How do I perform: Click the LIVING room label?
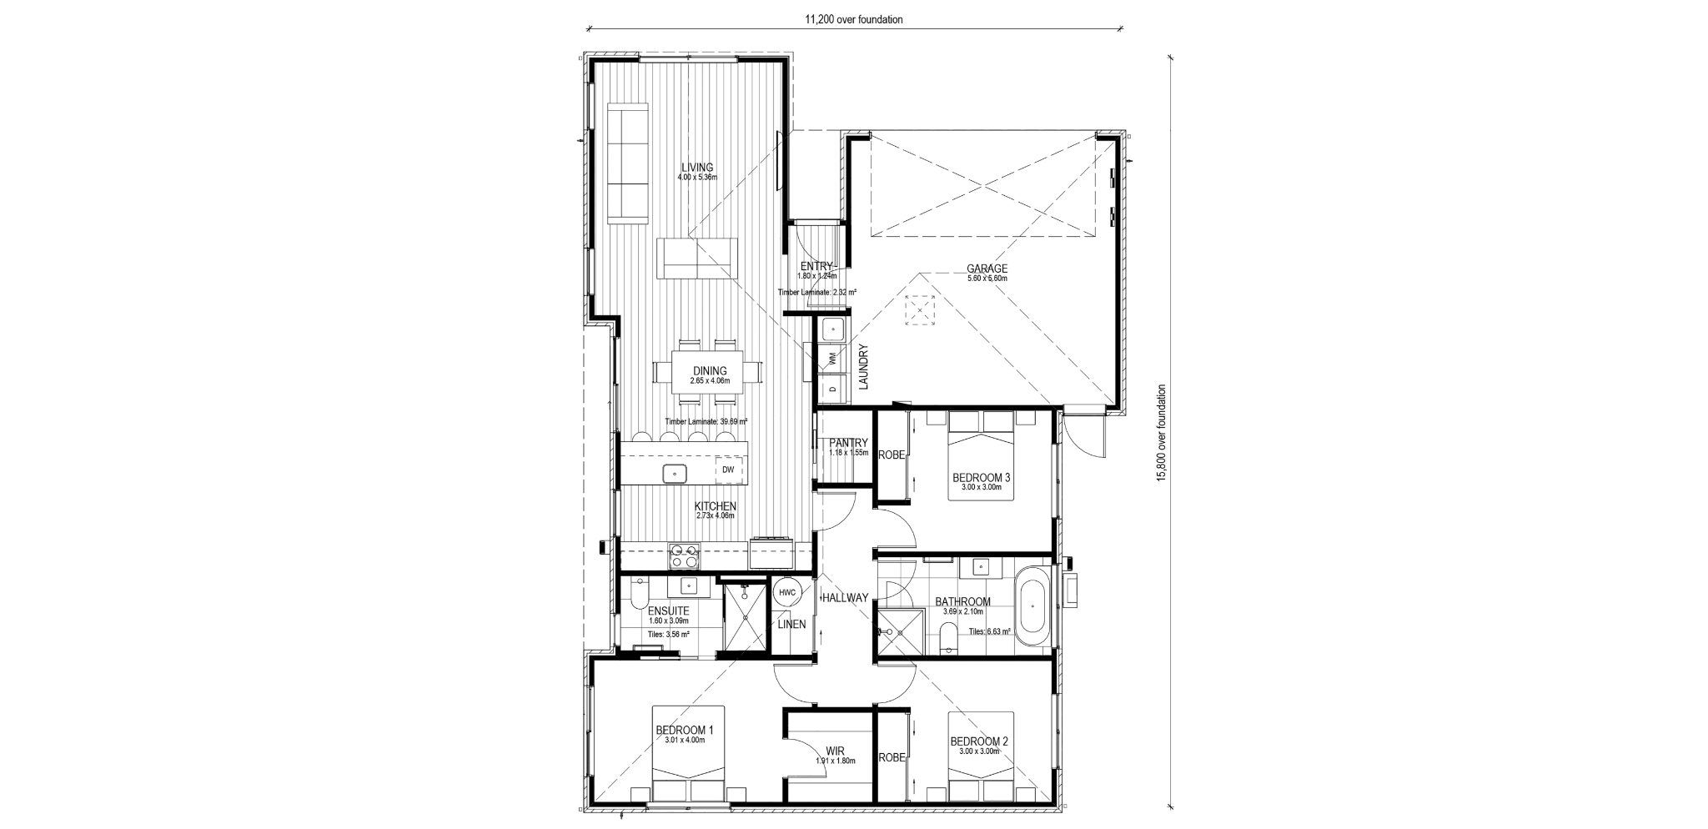(696, 167)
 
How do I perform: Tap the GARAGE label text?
(987, 269)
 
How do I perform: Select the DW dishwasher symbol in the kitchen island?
(728, 470)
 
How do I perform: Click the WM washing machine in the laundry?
(831, 359)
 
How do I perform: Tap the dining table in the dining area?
(709, 372)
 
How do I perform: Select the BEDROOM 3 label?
(982, 478)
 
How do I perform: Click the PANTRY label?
(849, 443)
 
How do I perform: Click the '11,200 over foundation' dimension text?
(853, 19)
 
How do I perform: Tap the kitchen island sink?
(674, 474)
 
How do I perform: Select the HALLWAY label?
(845, 598)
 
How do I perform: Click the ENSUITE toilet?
(635, 594)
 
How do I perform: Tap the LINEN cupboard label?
(791, 624)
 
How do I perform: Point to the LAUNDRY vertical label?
(864, 368)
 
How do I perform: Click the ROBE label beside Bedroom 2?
(892, 758)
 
